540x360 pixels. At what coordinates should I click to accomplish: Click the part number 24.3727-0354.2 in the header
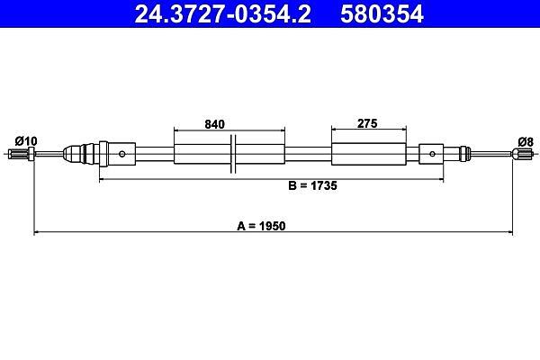tap(223, 14)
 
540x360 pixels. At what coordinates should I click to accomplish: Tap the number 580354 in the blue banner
tap(382, 14)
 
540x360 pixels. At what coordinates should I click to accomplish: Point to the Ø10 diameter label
tap(26, 141)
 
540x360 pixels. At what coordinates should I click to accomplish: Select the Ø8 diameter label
tap(526, 141)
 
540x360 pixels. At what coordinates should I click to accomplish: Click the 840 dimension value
tap(214, 124)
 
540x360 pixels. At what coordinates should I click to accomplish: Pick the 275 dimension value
tap(367, 123)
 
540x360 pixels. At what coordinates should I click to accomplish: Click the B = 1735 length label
tap(312, 185)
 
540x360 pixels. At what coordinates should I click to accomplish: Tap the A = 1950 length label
tap(261, 226)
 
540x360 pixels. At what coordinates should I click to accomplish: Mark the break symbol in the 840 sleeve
tap(233, 154)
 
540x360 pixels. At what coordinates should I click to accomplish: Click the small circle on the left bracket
tap(121, 154)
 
